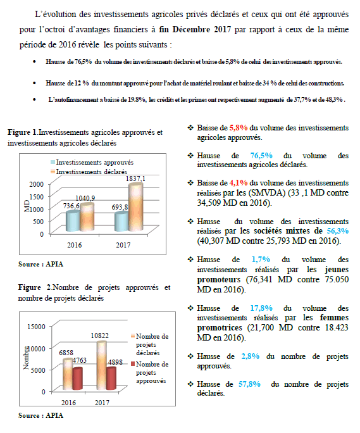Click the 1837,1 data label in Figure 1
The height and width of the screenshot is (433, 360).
coord(135,179)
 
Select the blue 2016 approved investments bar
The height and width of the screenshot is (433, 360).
coord(73,221)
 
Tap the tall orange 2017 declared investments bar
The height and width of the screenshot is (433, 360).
coord(136,207)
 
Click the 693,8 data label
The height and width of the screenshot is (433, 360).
coord(120,207)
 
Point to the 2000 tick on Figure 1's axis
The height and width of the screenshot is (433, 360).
coord(37,184)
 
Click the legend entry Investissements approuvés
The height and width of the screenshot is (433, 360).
coord(92,162)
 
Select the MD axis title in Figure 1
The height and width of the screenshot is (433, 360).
coord(27,206)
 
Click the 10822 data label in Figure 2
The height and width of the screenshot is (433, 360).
coord(100,336)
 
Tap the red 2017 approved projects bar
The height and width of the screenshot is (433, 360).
coord(111,379)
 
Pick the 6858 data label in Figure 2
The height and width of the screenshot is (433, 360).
coord(66,353)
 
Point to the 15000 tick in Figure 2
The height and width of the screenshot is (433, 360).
coord(36,327)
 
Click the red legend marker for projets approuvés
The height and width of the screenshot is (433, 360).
coord(133,364)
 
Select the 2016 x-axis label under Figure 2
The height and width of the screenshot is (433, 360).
coord(68,403)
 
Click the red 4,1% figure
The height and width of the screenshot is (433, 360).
coord(239,183)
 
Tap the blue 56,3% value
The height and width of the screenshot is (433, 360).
coord(338,230)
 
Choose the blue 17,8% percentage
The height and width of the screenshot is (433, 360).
coord(261,308)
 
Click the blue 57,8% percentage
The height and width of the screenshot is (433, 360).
coord(249,384)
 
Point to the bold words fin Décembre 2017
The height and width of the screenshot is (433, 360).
coord(195,29)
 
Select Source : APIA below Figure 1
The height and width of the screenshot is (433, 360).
coord(41,264)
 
